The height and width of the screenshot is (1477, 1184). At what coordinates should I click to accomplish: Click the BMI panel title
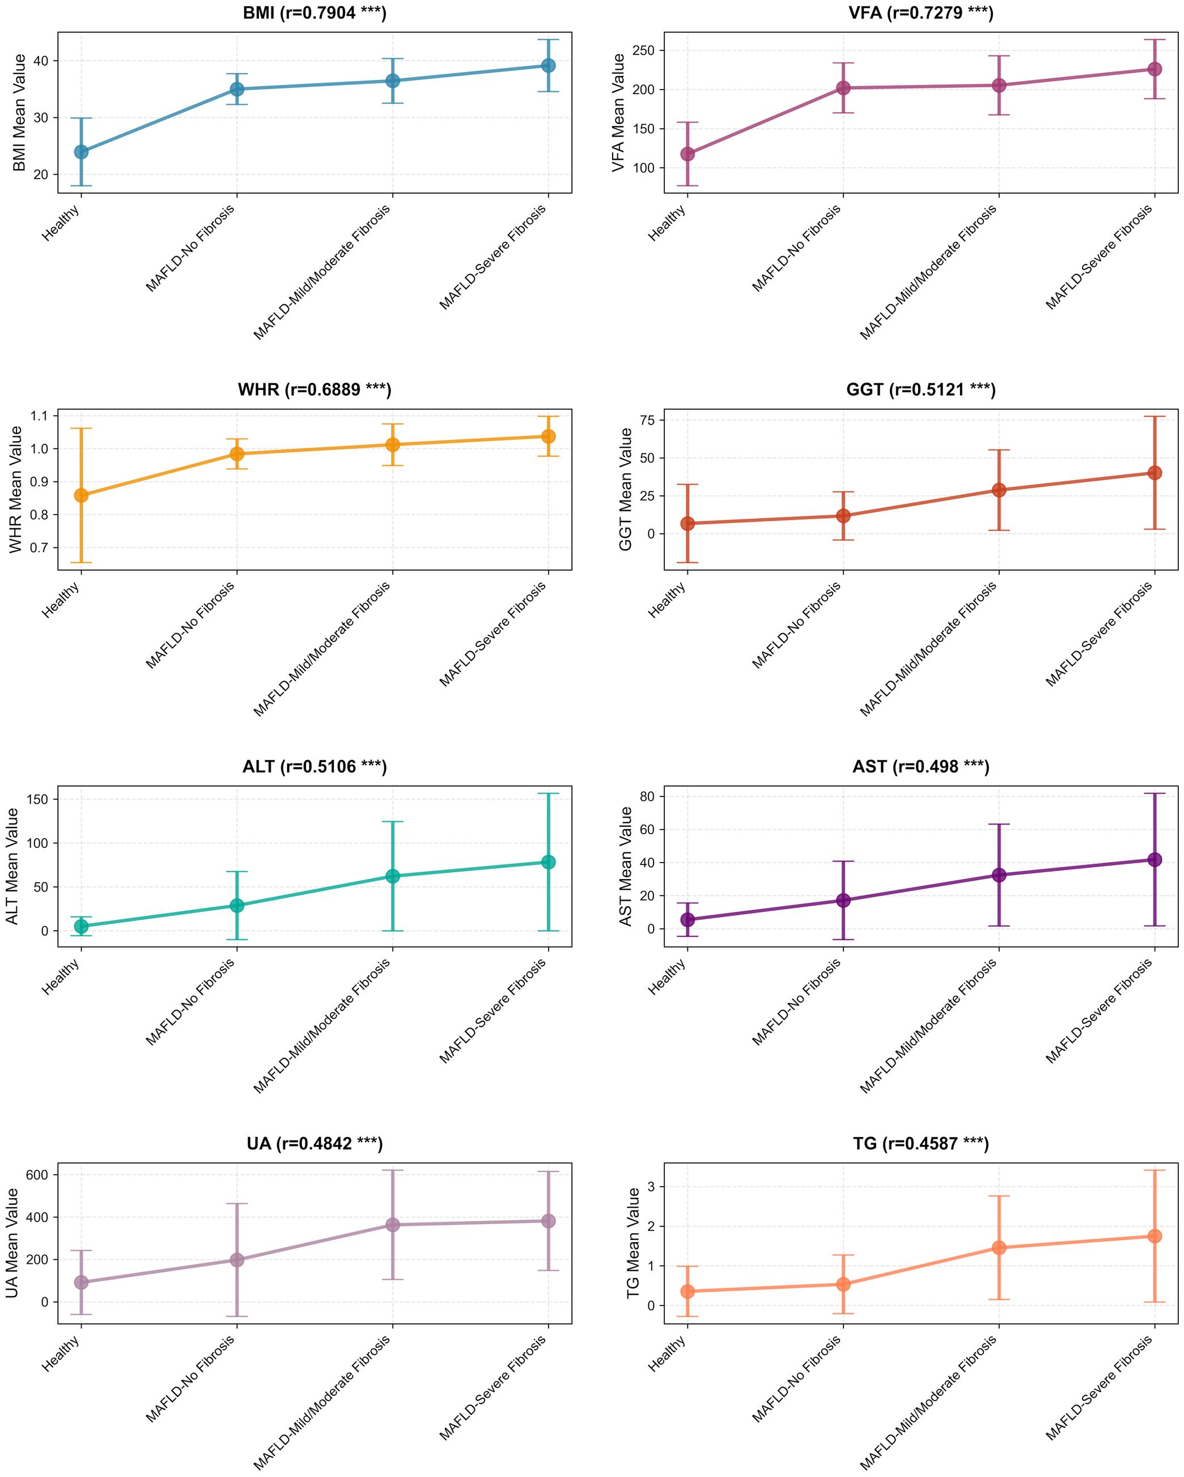click(x=315, y=13)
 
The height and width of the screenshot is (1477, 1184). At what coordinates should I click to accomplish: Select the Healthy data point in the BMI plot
click(x=81, y=151)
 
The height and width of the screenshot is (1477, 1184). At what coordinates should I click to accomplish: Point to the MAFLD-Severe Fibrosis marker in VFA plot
click(x=1154, y=69)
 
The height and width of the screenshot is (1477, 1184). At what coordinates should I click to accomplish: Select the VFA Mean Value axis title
click(x=619, y=112)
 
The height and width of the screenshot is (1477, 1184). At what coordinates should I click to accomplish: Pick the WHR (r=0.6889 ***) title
click(x=315, y=390)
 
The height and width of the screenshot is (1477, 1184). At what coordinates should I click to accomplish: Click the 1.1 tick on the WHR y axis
click(x=37, y=416)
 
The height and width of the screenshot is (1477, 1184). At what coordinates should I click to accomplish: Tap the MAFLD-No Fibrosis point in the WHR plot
click(x=236, y=453)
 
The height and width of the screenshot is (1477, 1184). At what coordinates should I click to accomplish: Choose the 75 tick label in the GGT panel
click(x=647, y=420)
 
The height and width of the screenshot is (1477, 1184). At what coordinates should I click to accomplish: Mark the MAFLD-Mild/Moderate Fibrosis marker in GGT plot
click(x=998, y=490)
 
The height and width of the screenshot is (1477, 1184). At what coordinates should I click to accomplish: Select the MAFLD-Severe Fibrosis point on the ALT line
click(x=548, y=862)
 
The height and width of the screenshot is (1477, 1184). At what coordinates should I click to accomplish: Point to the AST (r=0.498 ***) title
click(x=920, y=767)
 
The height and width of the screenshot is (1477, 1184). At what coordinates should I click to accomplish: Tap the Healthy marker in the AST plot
click(x=688, y=919)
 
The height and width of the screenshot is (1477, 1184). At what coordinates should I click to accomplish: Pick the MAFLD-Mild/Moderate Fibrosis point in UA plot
click(x=392, y=1225)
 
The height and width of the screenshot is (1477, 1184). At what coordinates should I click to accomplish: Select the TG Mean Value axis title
click(x=633, y=1243)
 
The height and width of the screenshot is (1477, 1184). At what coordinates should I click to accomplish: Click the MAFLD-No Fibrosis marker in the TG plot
click(x=843, y=1284)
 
